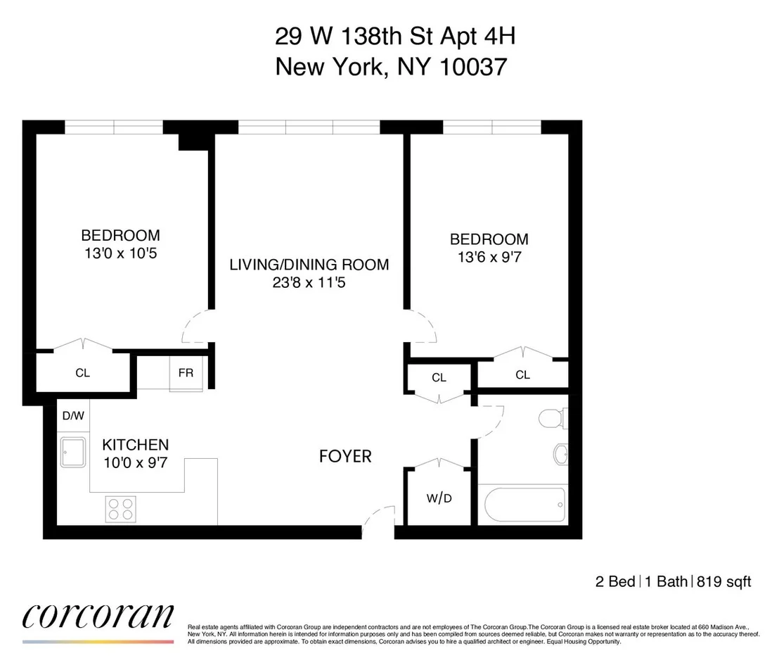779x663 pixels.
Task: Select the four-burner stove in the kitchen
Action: pyautogui.click(x=121, y=509)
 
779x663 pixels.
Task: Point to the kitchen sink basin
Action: pyautogui.click(x=73, y=452)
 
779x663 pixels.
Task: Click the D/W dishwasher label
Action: pyautogui.click(x=74, y=415)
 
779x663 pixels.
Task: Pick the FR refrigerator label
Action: pyautogui.click(x=186, y=372)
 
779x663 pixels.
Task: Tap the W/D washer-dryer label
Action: pyautogui.click(x=439, y=498)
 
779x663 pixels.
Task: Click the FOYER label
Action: pyautogui.click(x=345, y=456)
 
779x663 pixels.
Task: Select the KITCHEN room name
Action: pyautogui.click(x=136, y=445)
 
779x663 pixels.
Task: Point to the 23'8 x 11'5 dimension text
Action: pyautogui.click(x=309, y=282)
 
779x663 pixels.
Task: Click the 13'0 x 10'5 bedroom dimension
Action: pyautogui.click(x=121, y=253)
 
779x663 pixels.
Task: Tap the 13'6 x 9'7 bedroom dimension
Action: pyautogui.click(x=489, y=257)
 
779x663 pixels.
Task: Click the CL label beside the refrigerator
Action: pyautogui.click(x=82, y=372)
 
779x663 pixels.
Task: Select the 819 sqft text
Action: pyautogui.click(x=724, y=581)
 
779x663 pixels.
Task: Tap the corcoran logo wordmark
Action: pyautogui.click(x=98, y=617)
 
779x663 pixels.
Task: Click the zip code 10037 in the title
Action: pyautogui.click(x=474, y=67)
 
